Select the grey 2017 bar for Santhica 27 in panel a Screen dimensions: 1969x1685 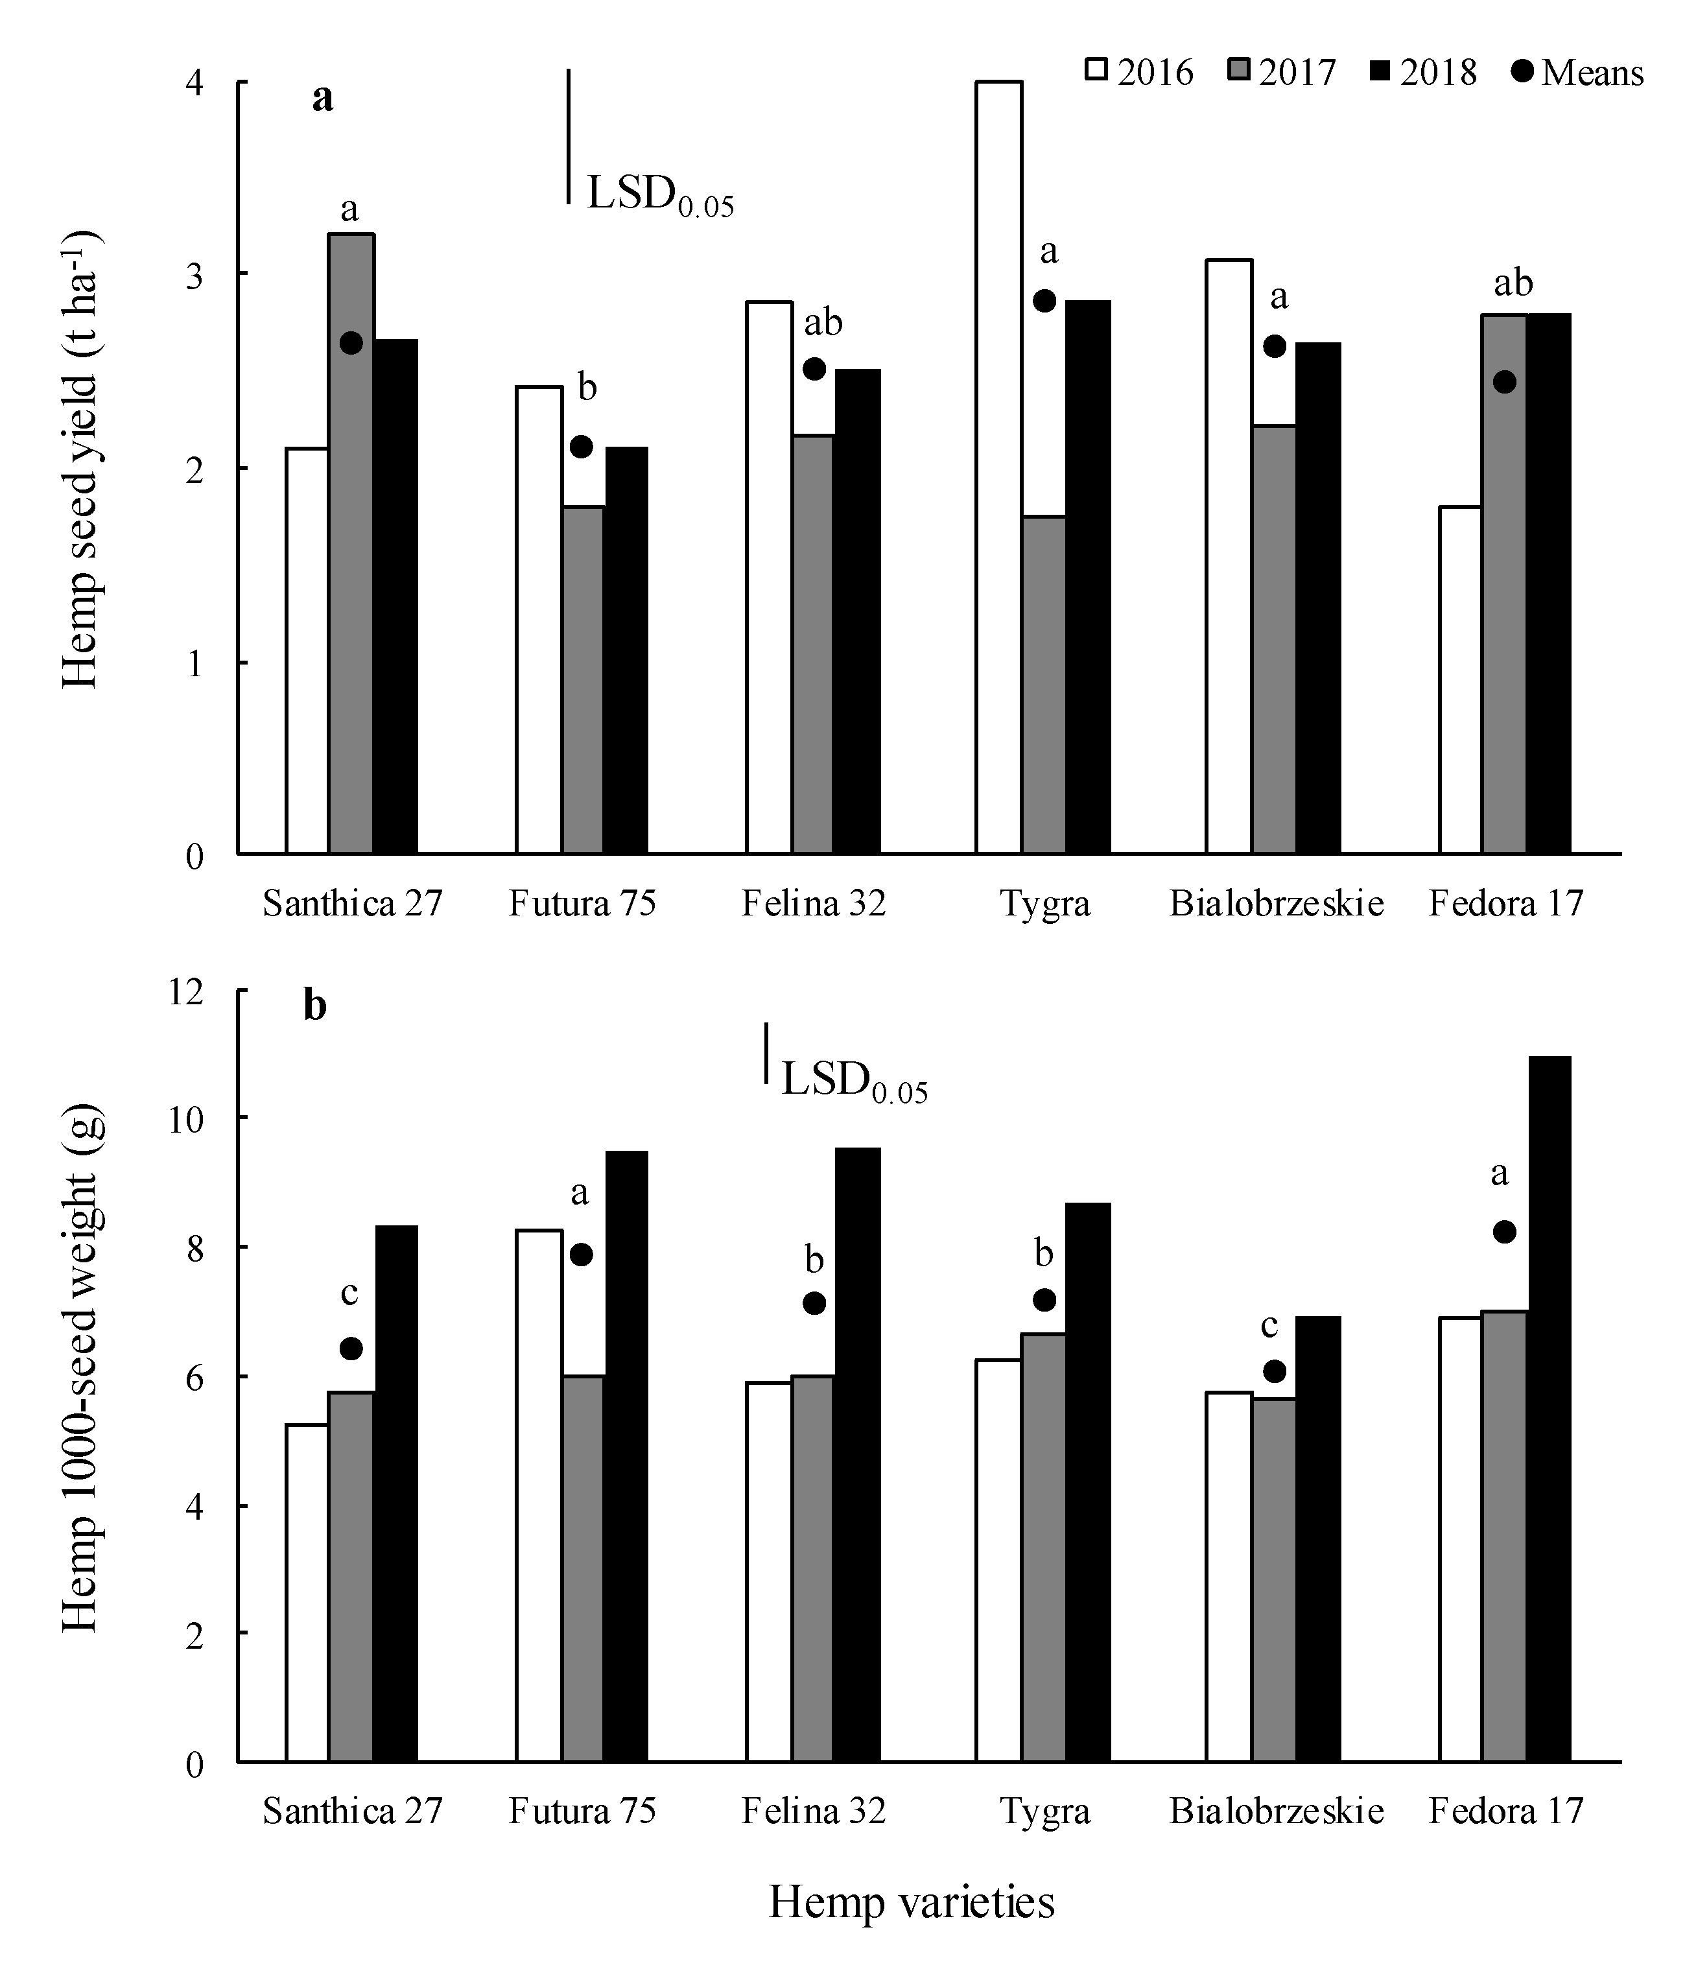(351, 541)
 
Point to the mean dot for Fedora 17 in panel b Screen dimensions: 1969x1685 (1504, 1232)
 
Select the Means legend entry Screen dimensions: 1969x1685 (1577, 72)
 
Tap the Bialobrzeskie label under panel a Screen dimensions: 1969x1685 (1275, 902)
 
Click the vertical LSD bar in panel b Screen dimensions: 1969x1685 (766, 1053)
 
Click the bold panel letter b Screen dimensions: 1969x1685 (316, 1004)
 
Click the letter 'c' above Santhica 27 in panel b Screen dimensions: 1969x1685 (349, 1293)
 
